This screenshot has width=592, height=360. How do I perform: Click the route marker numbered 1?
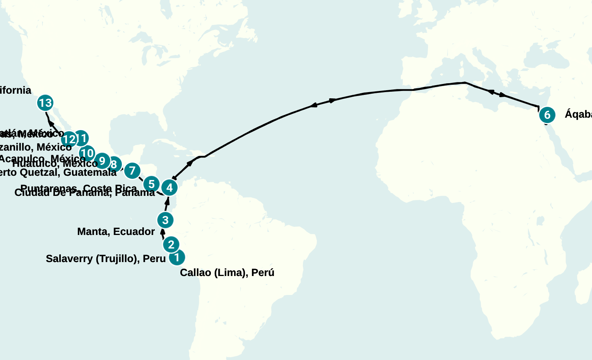177,257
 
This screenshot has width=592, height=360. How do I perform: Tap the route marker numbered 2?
171,244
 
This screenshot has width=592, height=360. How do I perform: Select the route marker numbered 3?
165,220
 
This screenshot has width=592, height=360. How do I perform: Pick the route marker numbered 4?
169,188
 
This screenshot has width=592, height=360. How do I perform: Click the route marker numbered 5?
151,184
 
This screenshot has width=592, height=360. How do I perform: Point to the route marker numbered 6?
547,115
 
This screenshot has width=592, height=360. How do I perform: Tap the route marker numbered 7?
132,170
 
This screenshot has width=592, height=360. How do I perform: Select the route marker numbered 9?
102,161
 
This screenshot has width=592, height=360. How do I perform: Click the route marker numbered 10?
87,153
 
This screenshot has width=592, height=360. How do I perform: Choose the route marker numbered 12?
69,139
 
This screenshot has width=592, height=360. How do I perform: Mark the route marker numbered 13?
45,103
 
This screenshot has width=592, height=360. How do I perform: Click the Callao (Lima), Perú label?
227,273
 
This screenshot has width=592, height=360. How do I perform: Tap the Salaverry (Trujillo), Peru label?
106,259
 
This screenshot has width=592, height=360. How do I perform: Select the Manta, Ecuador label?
116,231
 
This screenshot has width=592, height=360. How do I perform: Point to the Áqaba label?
578,114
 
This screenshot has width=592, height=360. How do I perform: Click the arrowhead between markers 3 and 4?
168,201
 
